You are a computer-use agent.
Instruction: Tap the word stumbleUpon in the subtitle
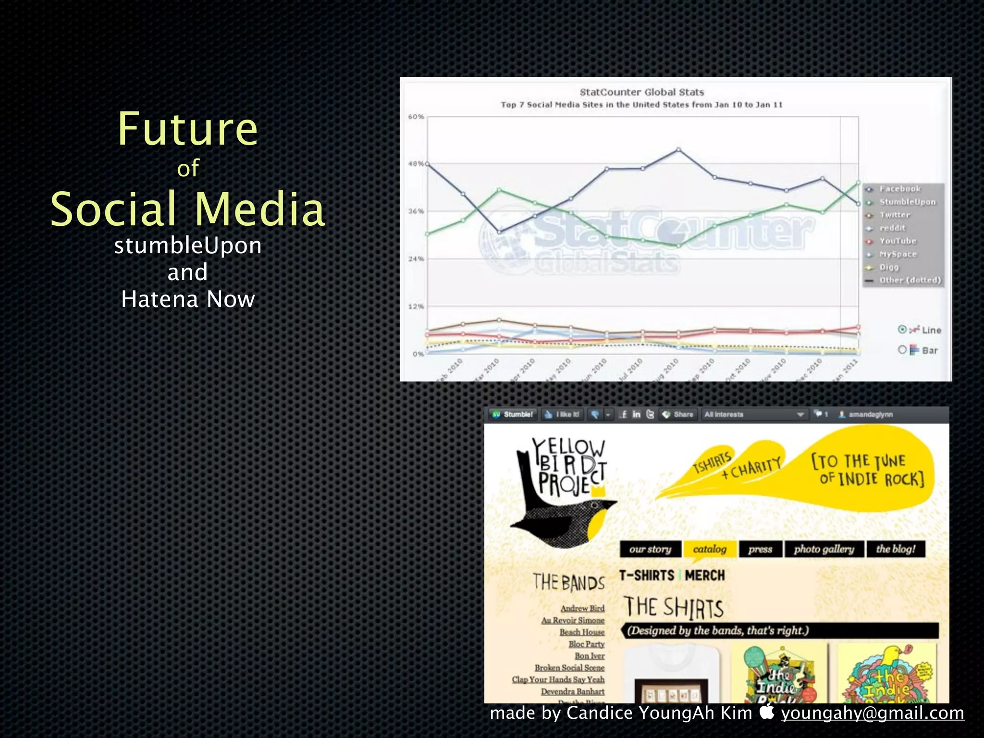pyautogui.click(x=188, y=246)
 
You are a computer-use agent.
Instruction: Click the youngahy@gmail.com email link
pyautogui.click(x=872, y=713)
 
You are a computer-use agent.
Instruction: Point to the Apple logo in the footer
pyautogui.click(x=767, y=712)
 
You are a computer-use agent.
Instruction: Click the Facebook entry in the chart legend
pyautogui.click(x=899, y=189)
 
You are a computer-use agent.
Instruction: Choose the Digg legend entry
pyautogui.click(x=889, y=267)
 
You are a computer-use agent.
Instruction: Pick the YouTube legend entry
pyautogui.click(x=898, y=241)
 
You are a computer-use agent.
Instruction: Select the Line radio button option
pyautogui.click(x=902, y=330)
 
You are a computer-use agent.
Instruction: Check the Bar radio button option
pyautogui.click(x=902, y=350)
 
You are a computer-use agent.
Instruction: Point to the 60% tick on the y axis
pyautogui.click(x=416, y=117)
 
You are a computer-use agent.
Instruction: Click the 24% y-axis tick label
pyautogui.click(x=416, y=259)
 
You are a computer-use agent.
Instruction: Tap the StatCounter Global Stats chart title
pyautogui.click(x=641, y=92)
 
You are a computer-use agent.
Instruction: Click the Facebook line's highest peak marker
pyautogui.click(x=678, y=150)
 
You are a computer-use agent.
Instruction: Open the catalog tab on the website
pyautogui.click(x=709, y=549)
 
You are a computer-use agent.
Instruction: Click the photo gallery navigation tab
pyautogui.click(x=824, y=549)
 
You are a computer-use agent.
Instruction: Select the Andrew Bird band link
pyautogui.click(x=582, y=608)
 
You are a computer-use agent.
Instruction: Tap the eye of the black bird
pyautogui.click(x=595, y=505)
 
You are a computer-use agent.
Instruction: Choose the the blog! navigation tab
pyautogui.click(x=896, y=549)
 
